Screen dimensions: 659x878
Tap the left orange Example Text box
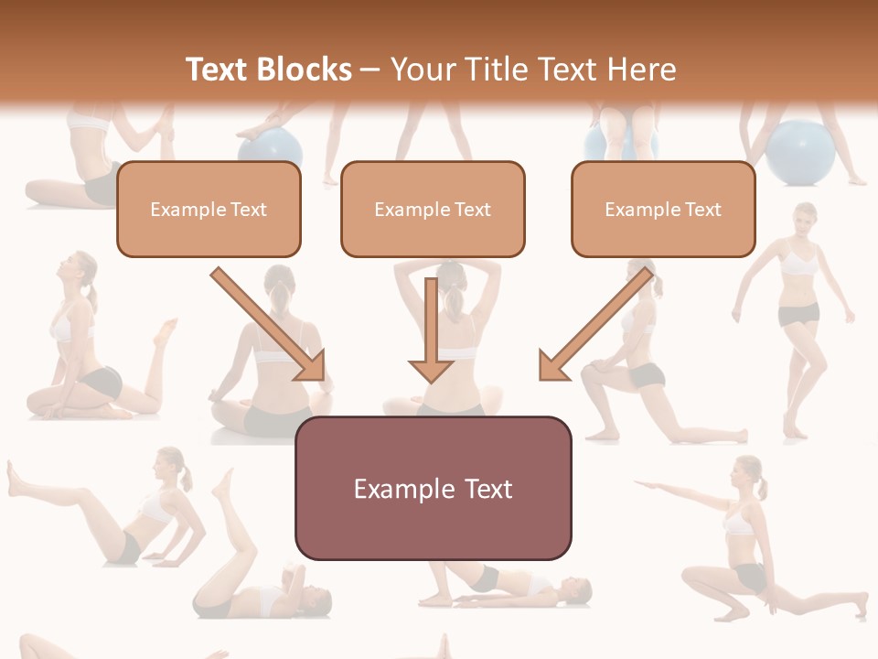(x=209, y=209)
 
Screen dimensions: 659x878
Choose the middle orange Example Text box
(x=433, y=209)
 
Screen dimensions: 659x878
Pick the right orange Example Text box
(x=663, y=209)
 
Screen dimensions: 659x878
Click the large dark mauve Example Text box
(x=433, y=488)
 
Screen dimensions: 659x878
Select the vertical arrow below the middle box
(x=431, y=329)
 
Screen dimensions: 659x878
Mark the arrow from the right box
(x=596, y=324)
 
